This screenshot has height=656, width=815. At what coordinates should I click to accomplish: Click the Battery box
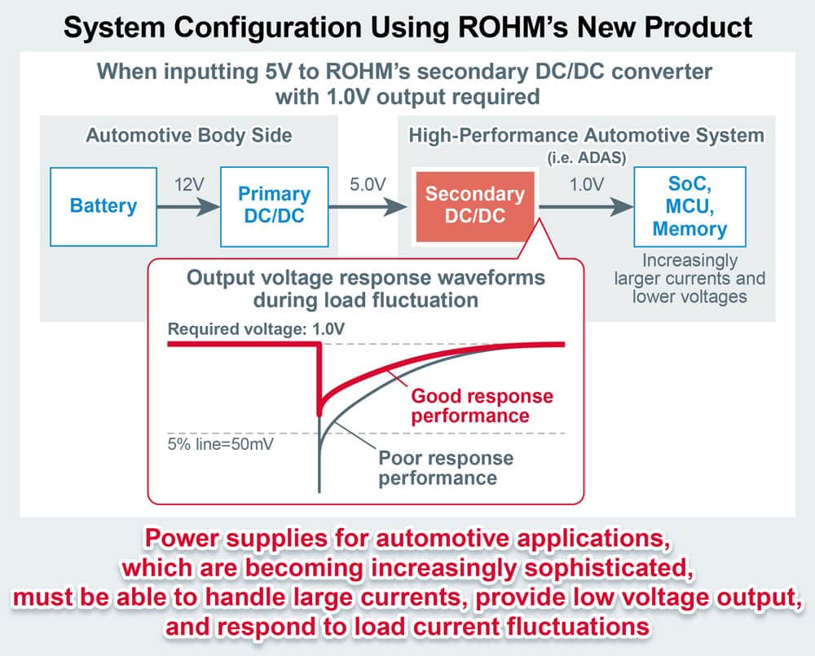pos(104,206)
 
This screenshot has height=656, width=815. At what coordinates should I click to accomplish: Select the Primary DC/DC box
pos(274,206)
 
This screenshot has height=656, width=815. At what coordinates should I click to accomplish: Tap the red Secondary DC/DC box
pos(475,206)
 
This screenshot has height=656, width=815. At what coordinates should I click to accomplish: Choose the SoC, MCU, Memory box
pos(689,206)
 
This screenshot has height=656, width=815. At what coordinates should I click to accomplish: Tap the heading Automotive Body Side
pos(188,135)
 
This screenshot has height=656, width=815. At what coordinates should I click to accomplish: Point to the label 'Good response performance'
pos(482,406)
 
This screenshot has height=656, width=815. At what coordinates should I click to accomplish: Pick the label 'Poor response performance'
pos(445,467)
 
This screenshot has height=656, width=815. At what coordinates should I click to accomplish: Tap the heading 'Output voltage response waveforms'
pos(366,277)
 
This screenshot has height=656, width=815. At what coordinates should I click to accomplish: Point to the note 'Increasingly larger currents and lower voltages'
pos(689,278)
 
